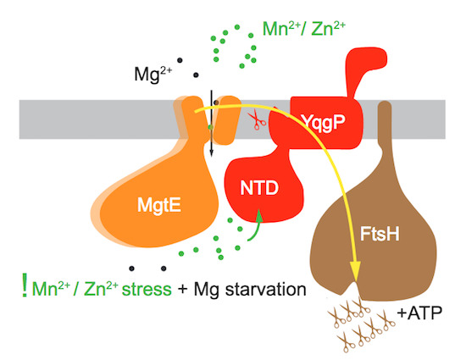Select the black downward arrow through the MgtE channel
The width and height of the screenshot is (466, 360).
[211, 127]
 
